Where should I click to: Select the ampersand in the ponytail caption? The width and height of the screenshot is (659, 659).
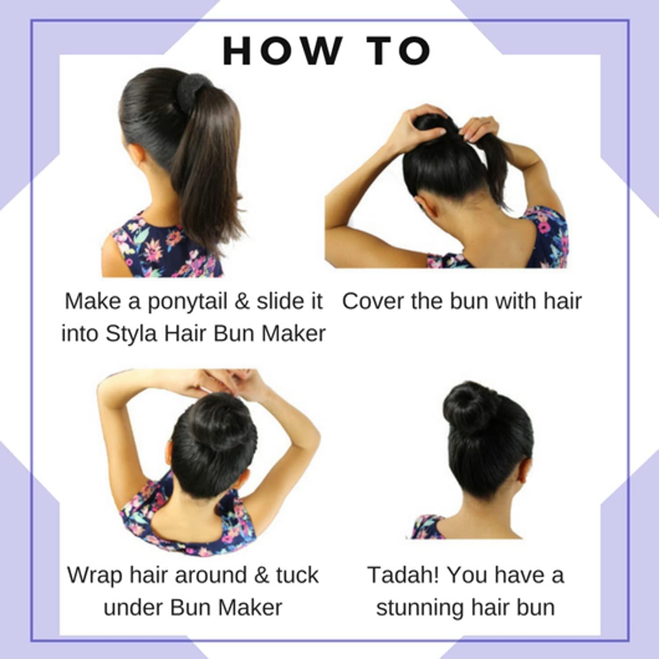[x=242, y=301]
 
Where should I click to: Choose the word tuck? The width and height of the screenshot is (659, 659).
[x=297, y=575]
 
